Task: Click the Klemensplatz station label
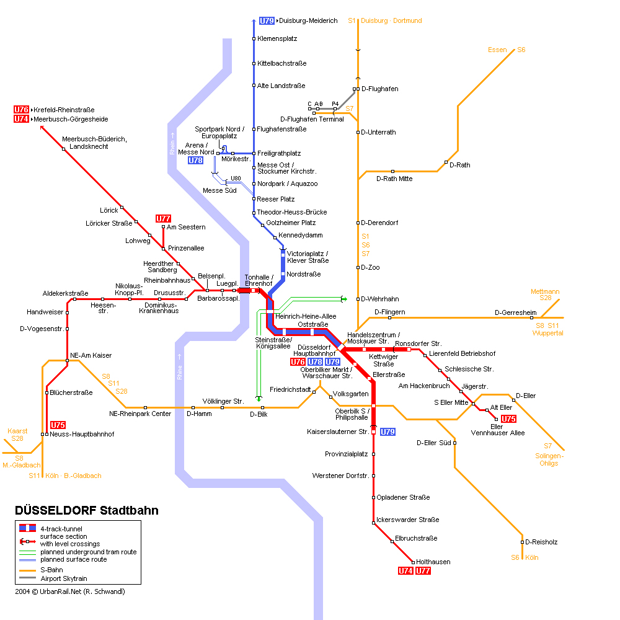point(277,38)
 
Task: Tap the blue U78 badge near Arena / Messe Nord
point(195,160)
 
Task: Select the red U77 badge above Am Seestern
point(163,219)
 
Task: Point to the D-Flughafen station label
point(379,89)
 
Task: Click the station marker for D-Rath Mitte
point(392,172)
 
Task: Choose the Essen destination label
point(497,50)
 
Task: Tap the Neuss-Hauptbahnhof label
point(82,434)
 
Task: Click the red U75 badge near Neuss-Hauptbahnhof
point(58,425)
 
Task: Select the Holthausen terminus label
point(433,562)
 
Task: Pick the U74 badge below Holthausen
point(405,570)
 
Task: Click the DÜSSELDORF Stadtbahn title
point(87,510)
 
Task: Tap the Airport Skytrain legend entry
point(64,578)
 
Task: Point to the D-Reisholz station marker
point(522,542)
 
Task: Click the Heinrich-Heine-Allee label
point(306,316)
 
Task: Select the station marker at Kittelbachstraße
point(254,64)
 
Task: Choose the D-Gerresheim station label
point(516,312)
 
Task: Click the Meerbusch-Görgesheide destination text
point(71,120)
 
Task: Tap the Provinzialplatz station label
point(347,454)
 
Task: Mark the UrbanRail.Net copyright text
point(70,591)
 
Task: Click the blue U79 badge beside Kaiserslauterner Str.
point(387,432)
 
